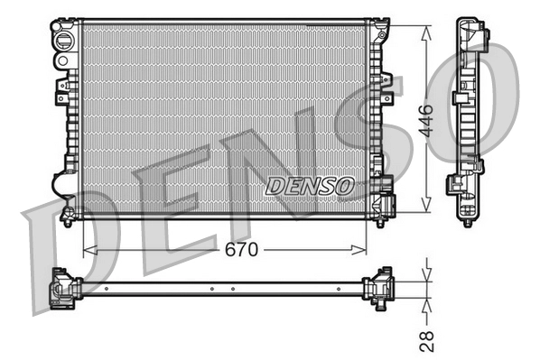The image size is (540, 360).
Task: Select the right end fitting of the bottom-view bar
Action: [x=378, y=287]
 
